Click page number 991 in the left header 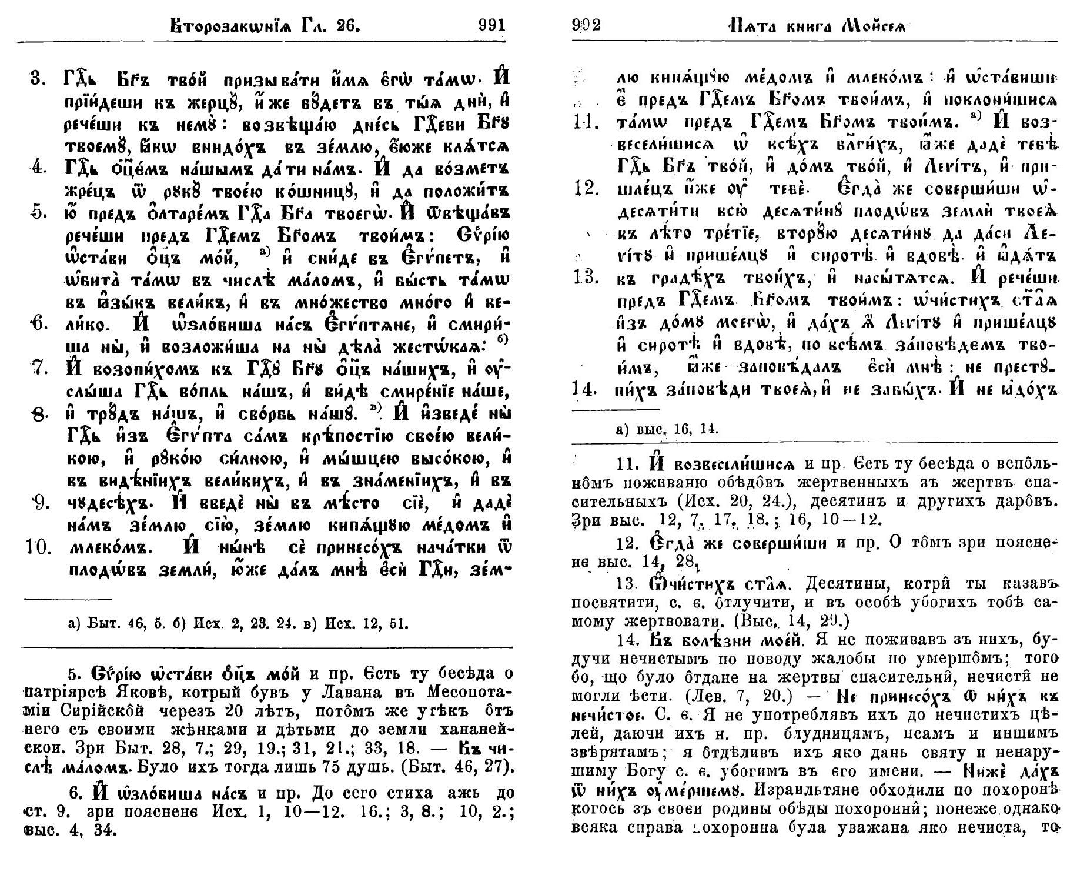491,25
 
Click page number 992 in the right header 586,25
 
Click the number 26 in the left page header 345,25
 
